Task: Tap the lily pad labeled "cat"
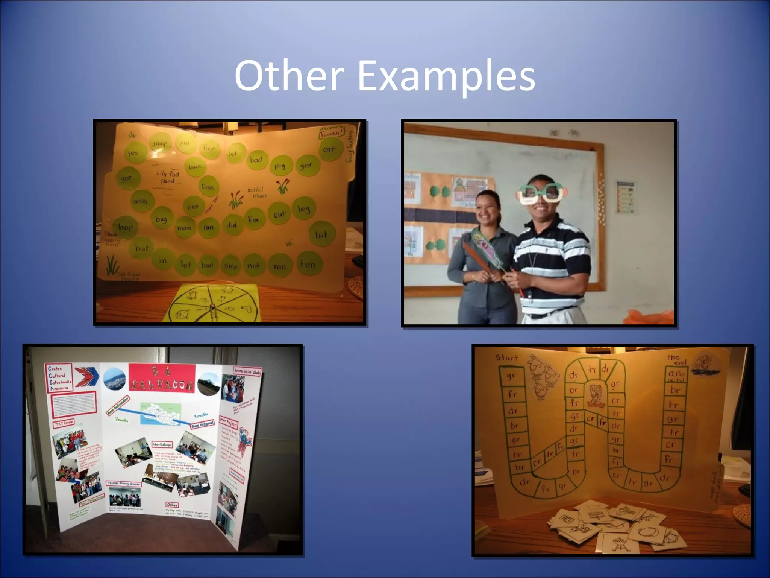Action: [329, 149]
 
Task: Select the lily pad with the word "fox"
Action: [254, 219]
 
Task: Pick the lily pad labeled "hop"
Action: [126, 227]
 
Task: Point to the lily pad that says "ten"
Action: [307, 264]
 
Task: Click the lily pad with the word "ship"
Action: [230, 266]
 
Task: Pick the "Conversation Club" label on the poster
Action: [247, 371]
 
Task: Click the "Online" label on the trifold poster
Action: [172, 505]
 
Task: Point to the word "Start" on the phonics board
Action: [507, 357]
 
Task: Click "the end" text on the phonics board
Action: [676, 360]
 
